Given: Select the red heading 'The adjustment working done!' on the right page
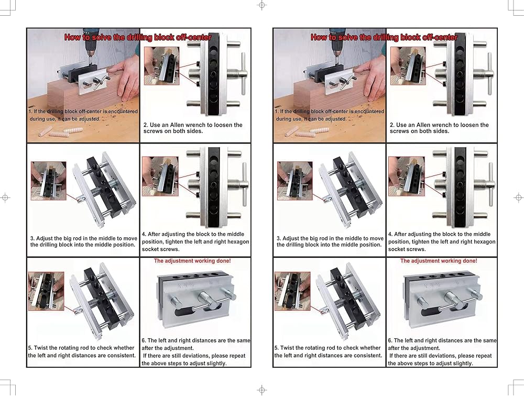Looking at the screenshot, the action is [439, 261].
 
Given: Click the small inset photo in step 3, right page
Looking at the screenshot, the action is [294, 181].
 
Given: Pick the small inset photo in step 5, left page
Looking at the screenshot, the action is [46, 291].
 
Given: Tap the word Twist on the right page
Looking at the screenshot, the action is [287, 348].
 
